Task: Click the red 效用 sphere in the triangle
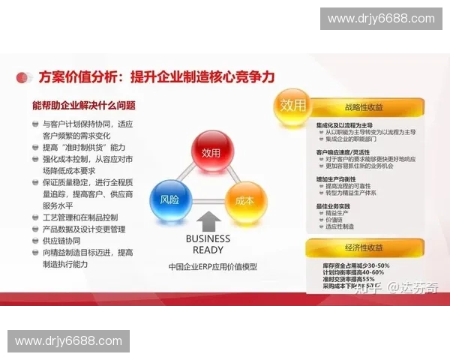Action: (x=212, y=152)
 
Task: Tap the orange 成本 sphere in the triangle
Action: (x=245, y=201)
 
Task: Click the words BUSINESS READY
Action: (x=208, y=244)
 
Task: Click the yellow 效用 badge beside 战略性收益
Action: (x=293, y=104)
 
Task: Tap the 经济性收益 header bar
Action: (x=366, y=247)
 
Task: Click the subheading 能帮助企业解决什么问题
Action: (x=84, y=105)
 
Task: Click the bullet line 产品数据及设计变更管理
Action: (x=84, y=229)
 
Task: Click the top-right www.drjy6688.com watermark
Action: (x=382, y=19)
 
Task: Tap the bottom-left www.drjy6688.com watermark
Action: (x=68, y=341)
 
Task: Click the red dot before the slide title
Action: (x=28, y=76)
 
